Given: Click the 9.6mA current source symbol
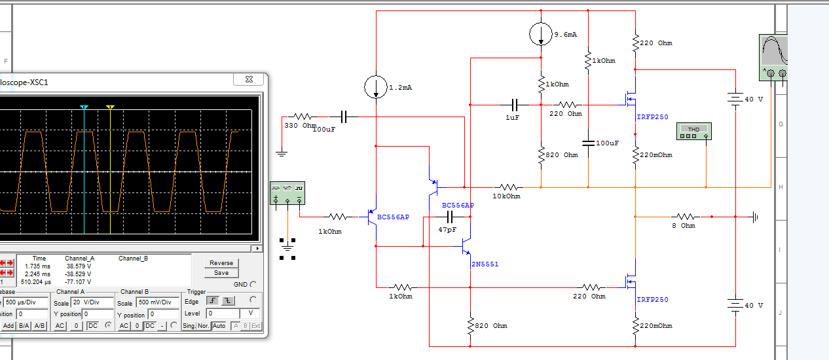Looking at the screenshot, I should (x=541, y=34).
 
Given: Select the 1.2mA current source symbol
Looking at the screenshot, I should (x=376, y=86).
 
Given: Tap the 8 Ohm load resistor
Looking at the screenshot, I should (x=685, y=216).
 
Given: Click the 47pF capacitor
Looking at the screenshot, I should (x=449, y=216).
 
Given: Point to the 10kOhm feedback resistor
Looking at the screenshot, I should (x=507, y=187).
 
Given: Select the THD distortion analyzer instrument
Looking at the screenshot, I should (x=693, y=132).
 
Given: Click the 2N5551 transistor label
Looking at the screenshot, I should (x=485, y=264).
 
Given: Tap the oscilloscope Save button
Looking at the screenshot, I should (x=221, y=273).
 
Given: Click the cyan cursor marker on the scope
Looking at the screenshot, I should (x=84, y=107).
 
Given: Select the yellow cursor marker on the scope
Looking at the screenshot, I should (x=110, y=107).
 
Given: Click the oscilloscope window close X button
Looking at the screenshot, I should (x=249, y=79).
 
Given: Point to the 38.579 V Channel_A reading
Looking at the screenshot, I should (x=79, y=266).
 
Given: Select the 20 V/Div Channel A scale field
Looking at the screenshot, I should (x=92, y=303).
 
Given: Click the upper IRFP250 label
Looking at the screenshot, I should (x=652, y=117).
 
